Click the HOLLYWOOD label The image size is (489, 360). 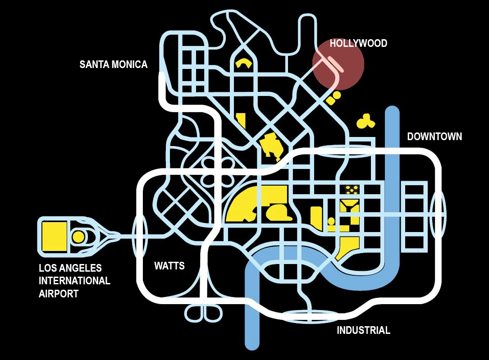tap(358, 43)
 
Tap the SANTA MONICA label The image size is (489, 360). tap(114, 64)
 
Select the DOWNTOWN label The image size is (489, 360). tap(434, 137)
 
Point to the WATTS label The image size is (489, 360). tap(169, 265)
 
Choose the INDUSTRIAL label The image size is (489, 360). tap(363, 330)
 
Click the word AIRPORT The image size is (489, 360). tap(59, 294)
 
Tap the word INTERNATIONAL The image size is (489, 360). tap(74, 281)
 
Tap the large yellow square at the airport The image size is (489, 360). tap(54, 237)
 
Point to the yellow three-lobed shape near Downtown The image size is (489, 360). tap(366, 120)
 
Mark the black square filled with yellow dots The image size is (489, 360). tap(352, 189)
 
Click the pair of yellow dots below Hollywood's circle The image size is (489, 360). tap(334, 98)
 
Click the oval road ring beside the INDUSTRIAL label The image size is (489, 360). tap(309, 315)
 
